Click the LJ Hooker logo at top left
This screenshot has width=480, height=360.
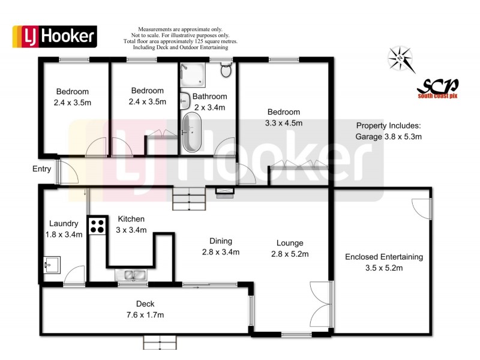point(55,37)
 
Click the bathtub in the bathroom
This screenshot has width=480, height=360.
point(193,132)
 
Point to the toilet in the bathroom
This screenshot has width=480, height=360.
point(226,71)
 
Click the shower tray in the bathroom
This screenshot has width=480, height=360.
point(193,74)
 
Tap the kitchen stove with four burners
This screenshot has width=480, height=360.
point(97,226)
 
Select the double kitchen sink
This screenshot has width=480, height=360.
point(132,275)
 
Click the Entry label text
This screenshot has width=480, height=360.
point(41,169)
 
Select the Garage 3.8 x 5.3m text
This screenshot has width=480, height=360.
point(389,136)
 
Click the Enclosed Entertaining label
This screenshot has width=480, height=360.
point(384,257)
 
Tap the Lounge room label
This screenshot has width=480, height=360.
point(290,243)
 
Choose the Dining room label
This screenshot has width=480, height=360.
point(221,241)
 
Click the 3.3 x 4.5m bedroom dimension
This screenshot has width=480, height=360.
point(284,123)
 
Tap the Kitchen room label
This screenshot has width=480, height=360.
point(131,219)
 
